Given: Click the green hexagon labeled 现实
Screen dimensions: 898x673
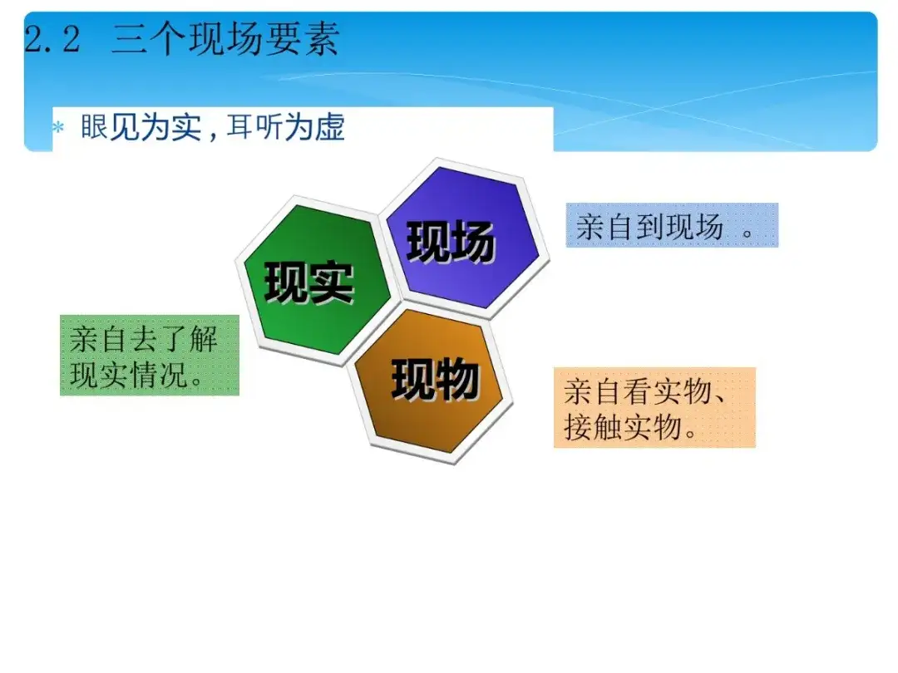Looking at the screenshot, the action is point(317,280).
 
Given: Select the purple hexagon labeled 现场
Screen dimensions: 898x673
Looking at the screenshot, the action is point(463,238).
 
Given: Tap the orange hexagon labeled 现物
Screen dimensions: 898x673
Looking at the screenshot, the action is point(428,381).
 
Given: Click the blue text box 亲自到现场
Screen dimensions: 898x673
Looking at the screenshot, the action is point(672,225).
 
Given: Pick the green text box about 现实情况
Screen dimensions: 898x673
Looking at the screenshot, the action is point(150,355).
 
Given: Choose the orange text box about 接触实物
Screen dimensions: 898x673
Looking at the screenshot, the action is point(654,407).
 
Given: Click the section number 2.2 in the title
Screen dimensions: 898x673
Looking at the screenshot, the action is point(52,40).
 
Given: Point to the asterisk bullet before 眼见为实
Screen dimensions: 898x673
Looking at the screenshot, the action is point(58,127).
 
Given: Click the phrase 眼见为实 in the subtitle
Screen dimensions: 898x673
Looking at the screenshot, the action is point(141,127).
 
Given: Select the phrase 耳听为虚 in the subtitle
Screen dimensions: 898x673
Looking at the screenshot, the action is point(285,127).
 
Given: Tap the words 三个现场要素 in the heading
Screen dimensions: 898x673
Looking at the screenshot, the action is point(225,39).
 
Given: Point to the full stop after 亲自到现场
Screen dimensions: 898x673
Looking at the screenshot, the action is point(747,233).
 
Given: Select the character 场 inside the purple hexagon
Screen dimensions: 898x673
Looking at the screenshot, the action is point(473,242).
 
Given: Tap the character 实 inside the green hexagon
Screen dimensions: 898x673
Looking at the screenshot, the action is point(331,282).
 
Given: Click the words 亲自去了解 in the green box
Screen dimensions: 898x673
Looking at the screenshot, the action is point(144,339).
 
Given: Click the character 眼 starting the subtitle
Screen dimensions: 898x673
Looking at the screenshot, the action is point(94,127).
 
